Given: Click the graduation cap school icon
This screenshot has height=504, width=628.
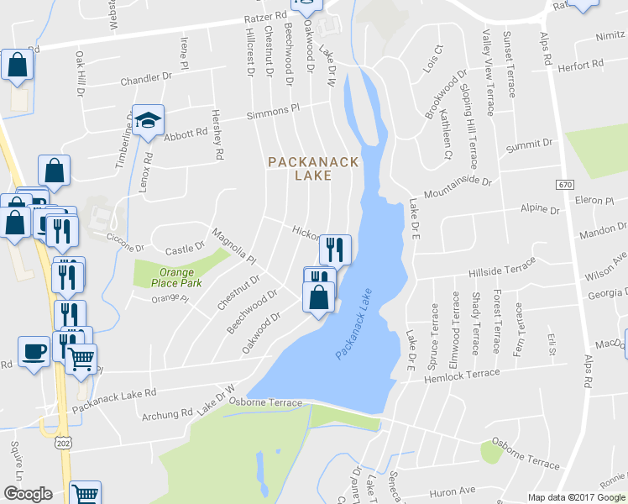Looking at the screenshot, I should pos(148,120).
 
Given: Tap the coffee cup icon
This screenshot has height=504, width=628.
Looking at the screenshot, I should pos(34,350).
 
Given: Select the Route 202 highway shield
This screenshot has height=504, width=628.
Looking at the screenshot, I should pos(65,442).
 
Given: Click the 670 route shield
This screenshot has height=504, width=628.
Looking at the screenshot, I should pos(563,183).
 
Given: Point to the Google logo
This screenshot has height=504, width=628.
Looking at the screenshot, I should pos(28,494).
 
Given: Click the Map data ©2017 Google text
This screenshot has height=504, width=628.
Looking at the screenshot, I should pos(577,497).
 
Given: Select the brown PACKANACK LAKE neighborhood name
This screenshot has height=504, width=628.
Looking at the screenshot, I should pos(313,168).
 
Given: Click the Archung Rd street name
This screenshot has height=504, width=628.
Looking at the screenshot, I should pos(167,414).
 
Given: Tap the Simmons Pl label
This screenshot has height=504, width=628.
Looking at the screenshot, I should pos(273,112).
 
